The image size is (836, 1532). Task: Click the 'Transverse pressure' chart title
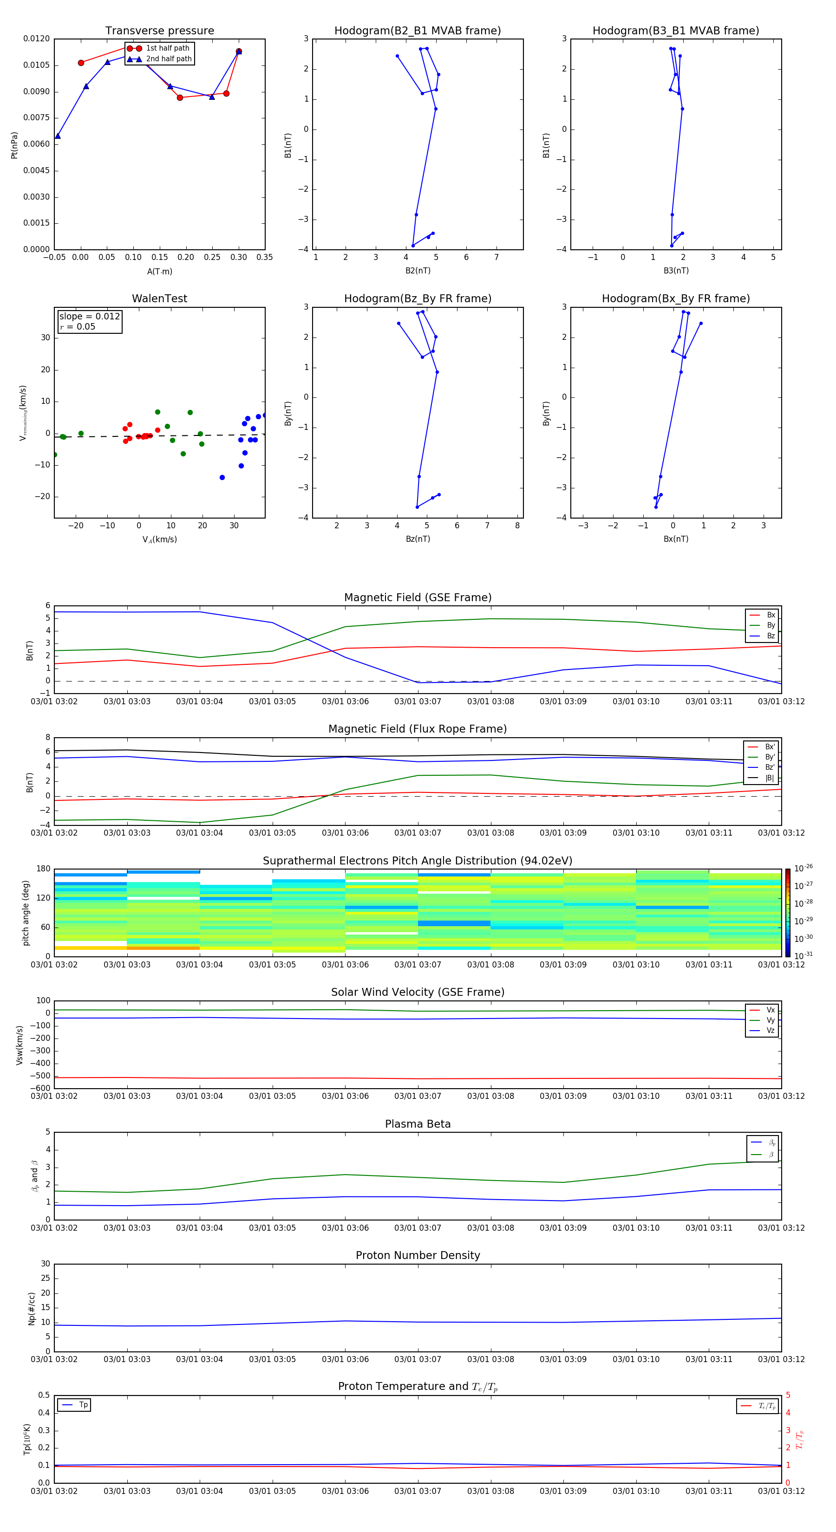point(159,30)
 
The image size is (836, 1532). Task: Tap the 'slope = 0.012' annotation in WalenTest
point(89,317)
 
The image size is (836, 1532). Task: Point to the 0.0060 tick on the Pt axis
point(36,144)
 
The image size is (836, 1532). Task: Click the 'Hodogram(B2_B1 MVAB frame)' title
point(417,30)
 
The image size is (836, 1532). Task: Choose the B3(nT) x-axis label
point(676,271)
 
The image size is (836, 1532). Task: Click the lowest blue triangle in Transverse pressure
point(58,136)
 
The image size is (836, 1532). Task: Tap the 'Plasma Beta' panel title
point(418,1124)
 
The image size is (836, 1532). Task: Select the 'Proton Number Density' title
point(418,1255)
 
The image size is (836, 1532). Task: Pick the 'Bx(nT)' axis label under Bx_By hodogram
point(676,539)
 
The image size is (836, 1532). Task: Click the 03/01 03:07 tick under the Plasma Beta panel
point(418,1227)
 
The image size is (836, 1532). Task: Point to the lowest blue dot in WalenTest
point(222,478)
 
